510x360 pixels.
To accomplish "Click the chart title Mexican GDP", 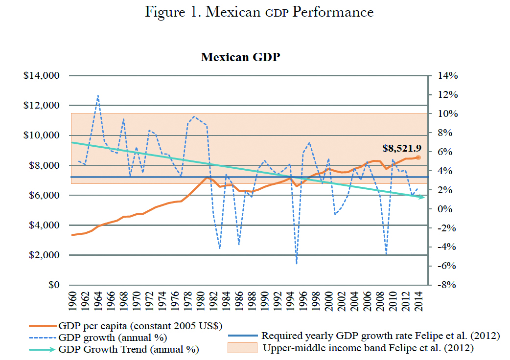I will [240, 57].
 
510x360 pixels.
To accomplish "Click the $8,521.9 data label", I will [401, 148].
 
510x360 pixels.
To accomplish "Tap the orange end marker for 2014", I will [418, 157].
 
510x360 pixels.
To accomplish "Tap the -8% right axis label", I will [445, 285].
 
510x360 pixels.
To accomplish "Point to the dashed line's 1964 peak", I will [98, 95].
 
